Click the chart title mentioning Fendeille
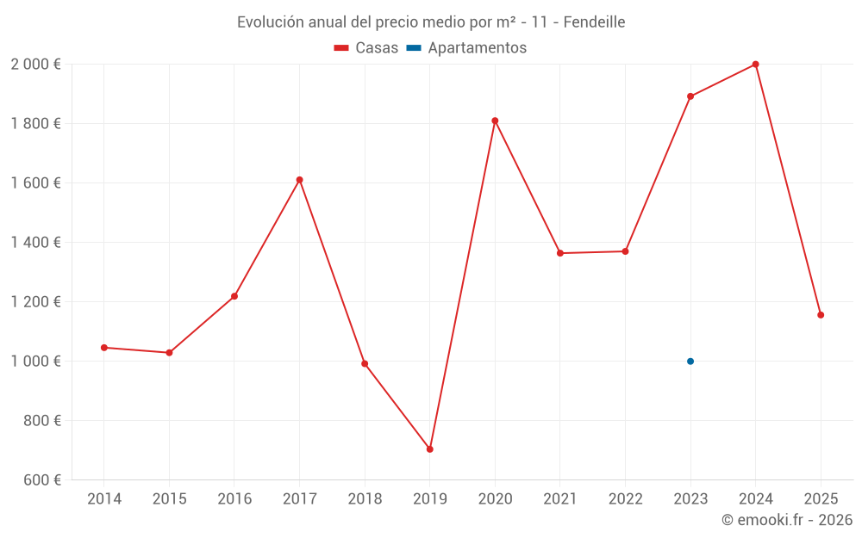point(431,22)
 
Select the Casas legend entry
point(366,48)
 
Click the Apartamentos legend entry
point(466,48)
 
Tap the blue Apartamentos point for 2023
point(690,362)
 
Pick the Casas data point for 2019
point(429,449)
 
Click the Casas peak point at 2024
point(755,65)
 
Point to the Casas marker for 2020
point(495,121)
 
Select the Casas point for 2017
point(299,180)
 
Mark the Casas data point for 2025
point(821,315)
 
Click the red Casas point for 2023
point(690,96)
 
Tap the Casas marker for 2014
point(104,348)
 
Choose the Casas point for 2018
point(365,363)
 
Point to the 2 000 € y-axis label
point(35,65)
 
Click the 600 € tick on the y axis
point(43,480)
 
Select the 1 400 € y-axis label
point(35,243)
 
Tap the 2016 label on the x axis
point(234,499)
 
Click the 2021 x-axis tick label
point(560,499)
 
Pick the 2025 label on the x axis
point(821,499)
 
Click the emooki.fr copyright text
point(786,520)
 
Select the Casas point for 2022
point(625,251)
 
